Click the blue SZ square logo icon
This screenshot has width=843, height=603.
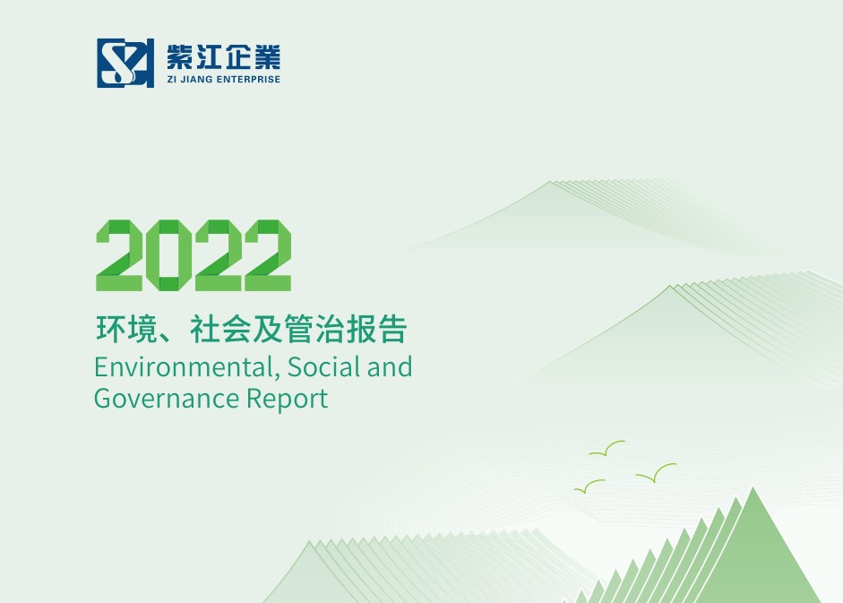tap(125, 63)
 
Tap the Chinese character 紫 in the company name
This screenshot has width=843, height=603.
tap(180, 57)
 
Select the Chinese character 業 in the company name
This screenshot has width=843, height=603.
tap(267, 57)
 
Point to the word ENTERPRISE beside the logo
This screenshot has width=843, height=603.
tap(248, 79)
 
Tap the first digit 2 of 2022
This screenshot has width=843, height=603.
tap(119, 255)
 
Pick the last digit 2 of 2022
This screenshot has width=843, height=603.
tap(268, 255)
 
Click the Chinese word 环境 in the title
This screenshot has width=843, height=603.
tap(127, 329)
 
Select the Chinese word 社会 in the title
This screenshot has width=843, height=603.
tap(220, 329)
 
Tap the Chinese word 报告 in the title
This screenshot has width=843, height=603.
tap(376, 329)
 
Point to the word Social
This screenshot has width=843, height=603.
tap(324, 366)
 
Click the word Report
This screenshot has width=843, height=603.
tap(287, 400)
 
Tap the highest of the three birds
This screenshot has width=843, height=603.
tap(606, 449)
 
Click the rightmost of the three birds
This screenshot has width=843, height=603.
tap(656, 472)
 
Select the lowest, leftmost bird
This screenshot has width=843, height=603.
tap(589, 487)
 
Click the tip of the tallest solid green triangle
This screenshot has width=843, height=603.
tap(753, 487)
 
